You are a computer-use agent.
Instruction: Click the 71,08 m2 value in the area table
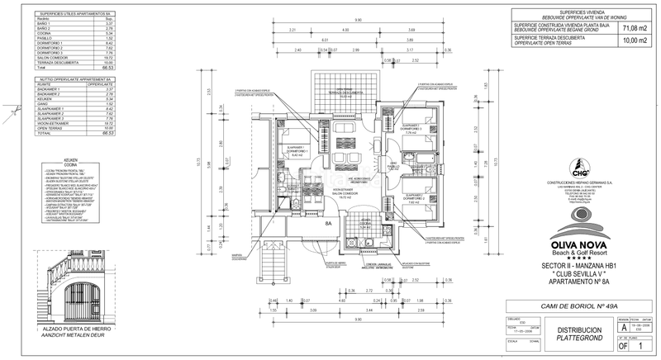coord(633,26)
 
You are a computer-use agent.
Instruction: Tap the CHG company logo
coord(581,173)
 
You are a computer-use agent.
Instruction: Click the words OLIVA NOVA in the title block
coord(580,244)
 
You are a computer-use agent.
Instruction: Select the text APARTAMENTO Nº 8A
coord(580,282)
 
